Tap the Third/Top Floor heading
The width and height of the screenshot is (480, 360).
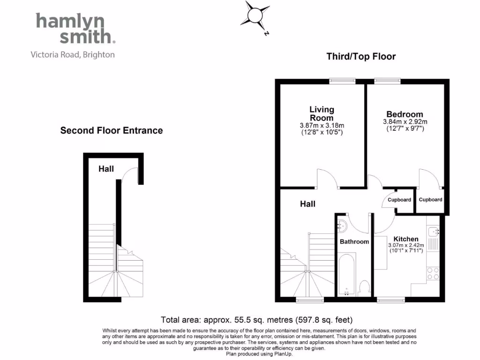361,57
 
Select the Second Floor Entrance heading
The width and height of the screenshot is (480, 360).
112,131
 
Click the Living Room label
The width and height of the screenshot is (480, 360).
322,113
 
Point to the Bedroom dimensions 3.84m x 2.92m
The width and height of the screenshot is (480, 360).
405,122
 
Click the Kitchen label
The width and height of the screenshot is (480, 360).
406,239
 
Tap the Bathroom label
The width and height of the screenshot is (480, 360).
354,242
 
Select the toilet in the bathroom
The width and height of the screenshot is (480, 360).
364,286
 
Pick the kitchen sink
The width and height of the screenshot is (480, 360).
433,232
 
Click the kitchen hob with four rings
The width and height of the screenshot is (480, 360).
433,274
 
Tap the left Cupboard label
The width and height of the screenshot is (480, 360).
399,200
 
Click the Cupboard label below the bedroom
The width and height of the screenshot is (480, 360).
430,200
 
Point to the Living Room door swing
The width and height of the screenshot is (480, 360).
327,179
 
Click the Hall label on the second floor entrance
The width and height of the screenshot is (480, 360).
106,169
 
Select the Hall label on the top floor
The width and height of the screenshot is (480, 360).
307,204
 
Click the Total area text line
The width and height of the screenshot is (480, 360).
256,321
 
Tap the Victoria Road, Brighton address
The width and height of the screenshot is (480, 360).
73,55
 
